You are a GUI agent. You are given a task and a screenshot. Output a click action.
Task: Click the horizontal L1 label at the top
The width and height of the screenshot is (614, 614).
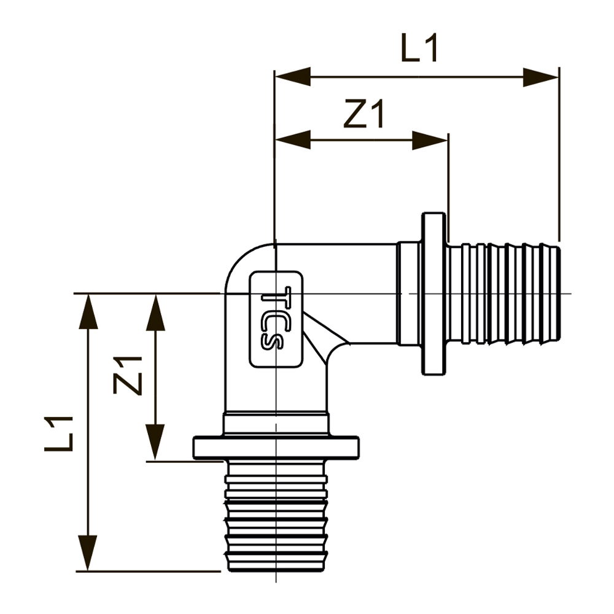[x=420, y=49]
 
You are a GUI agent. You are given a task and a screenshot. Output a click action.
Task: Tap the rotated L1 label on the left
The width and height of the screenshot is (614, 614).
[x=60, y=433]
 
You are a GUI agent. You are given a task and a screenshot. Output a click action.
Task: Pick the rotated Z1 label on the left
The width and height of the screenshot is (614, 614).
[x=128, y=375]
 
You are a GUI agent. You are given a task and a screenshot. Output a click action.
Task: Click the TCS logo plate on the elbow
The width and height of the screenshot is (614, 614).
[x=276, y=319]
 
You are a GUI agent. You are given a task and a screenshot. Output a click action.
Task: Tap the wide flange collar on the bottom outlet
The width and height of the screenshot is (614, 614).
[x=276, y=447]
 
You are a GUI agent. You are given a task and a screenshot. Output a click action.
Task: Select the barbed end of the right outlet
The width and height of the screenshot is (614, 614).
[x=505, y=293]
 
